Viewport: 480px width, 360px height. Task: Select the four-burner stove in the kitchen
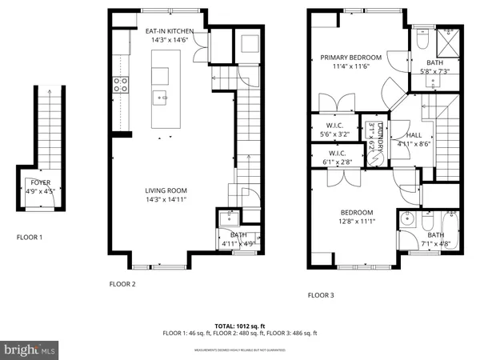pyautogui.click(x=122, y=85)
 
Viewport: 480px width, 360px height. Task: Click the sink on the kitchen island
pyautogui.click(x=161, y=100)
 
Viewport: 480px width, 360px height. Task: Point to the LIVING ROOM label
pyautogui.click(x=166, y=190)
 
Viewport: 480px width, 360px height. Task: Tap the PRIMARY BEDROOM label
pyautogui.click(x=351, y=58)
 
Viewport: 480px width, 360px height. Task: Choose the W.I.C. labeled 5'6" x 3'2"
pyautogui.click(x=335, y=129)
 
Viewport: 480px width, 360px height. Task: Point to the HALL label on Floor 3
pyautogui.click(x=414, y=136)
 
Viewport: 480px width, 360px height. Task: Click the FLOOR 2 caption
pyautogui.click(x=122, y=284)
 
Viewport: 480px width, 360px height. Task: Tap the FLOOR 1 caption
pyautogui.click(x=30, y=238)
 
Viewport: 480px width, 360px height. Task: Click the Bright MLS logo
pyautogui.click(x=30, y=349)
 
